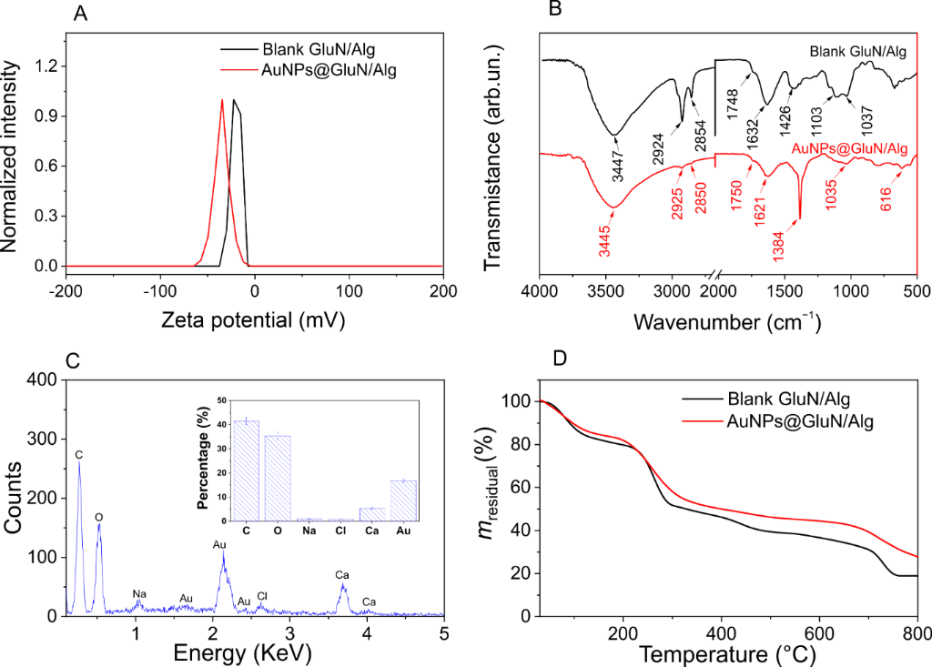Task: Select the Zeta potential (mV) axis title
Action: [254, 320]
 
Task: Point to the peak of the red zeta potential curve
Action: [222, 100]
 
